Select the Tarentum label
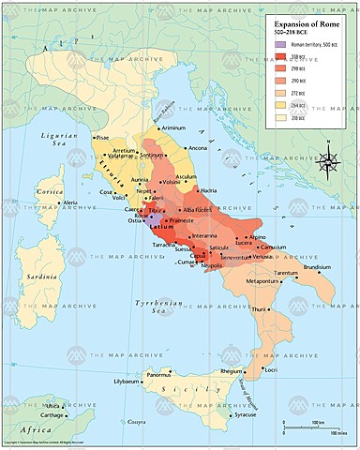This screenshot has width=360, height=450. [x=288, y=274]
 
